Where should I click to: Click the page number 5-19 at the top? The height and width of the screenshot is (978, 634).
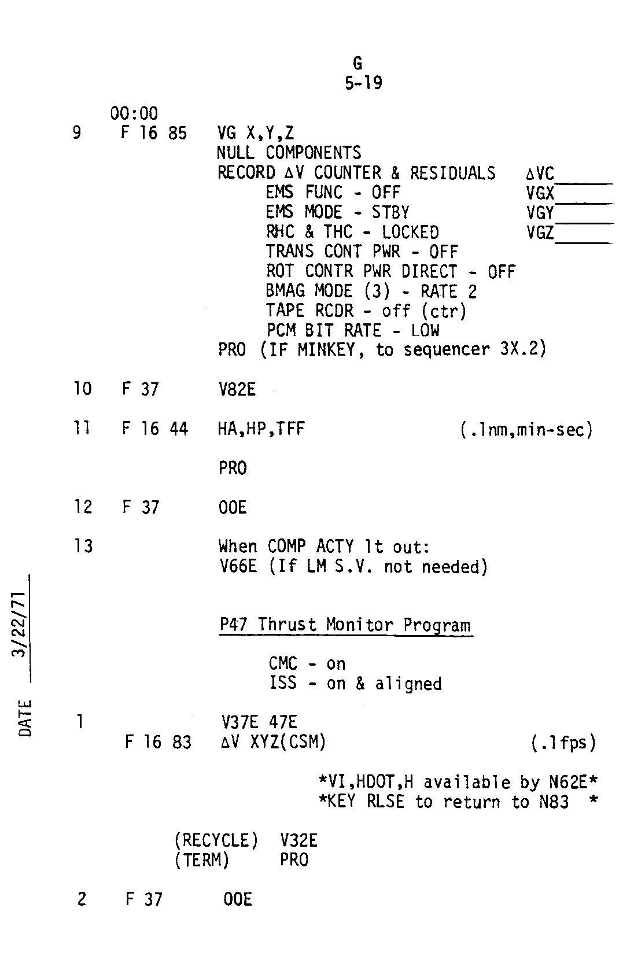pyautogui.click(x=363, y=83)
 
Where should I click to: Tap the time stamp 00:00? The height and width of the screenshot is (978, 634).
pyautogui.click(x=134, y=113)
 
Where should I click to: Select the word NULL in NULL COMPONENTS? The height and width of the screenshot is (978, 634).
pyautogui.click(x=235, y=153)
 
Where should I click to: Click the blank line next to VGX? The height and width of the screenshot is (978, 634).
pyautogui.click(x=584, y=204)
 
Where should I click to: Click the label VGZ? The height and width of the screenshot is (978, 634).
pyautogui.click(x=540, y=232)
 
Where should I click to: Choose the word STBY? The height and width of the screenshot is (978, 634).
pyautogui.click(x=390, y=212)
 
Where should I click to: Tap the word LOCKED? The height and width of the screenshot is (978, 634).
pyautogui.click(x=410, y=232)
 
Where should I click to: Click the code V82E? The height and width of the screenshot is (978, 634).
pyautogui.click(x=237, y=389)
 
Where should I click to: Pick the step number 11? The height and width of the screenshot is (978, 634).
pyautogui.click(x=82, y=429)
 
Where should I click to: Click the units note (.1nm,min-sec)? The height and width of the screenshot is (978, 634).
pyautogui.click(x=526, y=430)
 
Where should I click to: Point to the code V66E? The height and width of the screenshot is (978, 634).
pyautogui.click(x=238, y=567)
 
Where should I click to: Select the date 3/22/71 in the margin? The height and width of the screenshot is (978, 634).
pyautogui.click(x=20, y=625)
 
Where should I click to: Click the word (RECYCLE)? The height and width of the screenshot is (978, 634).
pyautogui.click(x=216, y=840)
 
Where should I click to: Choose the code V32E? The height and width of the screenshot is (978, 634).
pyautogui.click(x=298, y=840)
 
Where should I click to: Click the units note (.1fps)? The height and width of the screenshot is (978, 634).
pyautogui.click(x=563, y=743)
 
